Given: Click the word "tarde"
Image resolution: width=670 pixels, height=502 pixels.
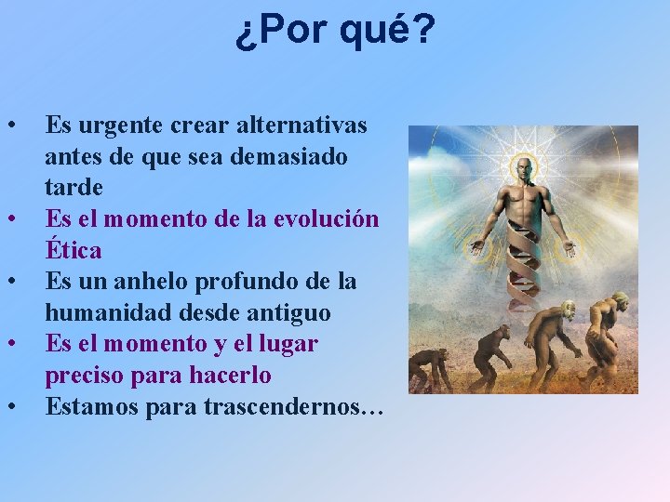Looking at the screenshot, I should (x=74, y=188).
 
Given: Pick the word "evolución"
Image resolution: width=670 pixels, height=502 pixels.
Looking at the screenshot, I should (x=327, y=219).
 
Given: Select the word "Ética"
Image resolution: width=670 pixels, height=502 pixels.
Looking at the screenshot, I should (x=74, y=251).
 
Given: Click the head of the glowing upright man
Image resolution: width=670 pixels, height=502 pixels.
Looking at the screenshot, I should (x=523, y=169).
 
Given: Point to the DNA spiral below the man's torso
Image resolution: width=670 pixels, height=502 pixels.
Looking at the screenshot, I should (x=523, y=270).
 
